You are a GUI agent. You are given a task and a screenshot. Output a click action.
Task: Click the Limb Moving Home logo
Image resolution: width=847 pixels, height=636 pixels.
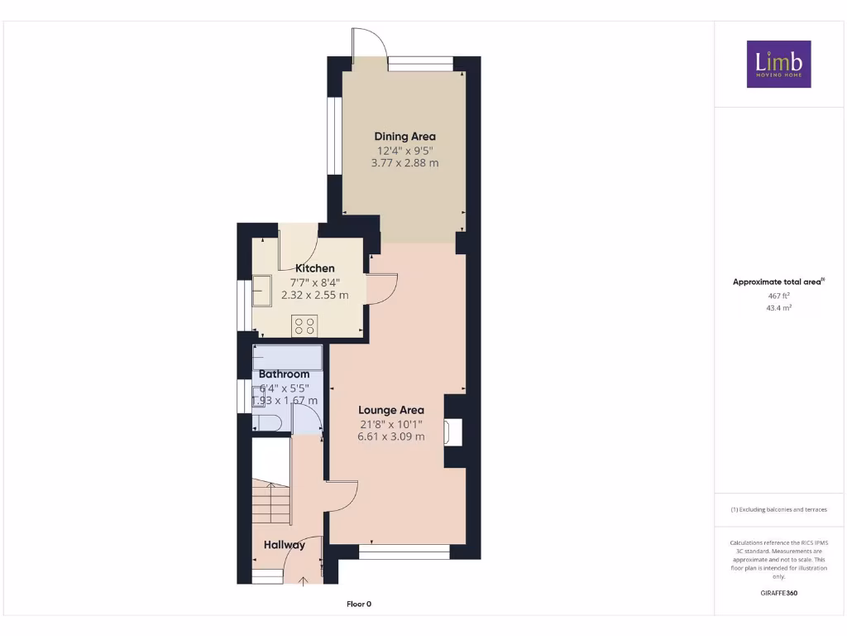(x=778, y=64)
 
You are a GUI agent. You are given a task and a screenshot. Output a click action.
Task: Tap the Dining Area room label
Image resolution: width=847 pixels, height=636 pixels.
(x=404, y=137)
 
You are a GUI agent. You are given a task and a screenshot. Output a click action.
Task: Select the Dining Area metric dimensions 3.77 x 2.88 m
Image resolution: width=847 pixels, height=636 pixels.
(x=404, y=163)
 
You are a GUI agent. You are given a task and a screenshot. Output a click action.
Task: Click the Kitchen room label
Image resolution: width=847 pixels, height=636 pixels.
(x=315, y=268)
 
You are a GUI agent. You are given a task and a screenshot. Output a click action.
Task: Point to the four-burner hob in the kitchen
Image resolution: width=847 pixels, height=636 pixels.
(x=304, y=325)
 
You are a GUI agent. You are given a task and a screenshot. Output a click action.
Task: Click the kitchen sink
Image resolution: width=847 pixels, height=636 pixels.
(x=263, y=289)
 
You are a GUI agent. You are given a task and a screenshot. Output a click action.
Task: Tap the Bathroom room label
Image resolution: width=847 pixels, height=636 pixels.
(x=284, y=374)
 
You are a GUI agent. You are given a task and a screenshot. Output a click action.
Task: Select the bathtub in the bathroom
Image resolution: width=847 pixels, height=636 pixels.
(x=288, y=359)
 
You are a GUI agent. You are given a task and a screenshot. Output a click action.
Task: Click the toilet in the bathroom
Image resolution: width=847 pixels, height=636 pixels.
(x=269, y=424)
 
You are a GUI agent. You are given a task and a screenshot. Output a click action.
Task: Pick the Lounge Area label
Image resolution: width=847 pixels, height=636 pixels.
(x=391, y=410)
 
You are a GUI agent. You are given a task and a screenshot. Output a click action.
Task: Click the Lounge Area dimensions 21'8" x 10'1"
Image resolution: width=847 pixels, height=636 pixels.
(x=391, y=423)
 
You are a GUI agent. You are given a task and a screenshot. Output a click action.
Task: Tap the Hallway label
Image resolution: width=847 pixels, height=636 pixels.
(x=285, y=545)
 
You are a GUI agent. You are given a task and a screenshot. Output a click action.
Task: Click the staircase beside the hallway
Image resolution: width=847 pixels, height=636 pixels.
(x=270, y=502)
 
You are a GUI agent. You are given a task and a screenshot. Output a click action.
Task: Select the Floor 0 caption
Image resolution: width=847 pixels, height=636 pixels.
(x=359, y=604)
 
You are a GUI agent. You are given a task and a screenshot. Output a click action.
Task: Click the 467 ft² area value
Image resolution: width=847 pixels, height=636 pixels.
(x=778, y=295)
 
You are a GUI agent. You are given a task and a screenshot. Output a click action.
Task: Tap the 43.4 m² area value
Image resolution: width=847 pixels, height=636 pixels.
(x=778, y=307)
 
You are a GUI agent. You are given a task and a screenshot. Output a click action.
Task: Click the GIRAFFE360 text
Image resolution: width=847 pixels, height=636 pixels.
(x=778, y=593)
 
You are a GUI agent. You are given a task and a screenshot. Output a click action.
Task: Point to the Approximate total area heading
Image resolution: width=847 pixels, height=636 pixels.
(x=778, y=282)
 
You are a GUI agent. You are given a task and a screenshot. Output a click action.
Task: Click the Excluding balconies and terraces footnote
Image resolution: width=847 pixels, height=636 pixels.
(x=778, y=509)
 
